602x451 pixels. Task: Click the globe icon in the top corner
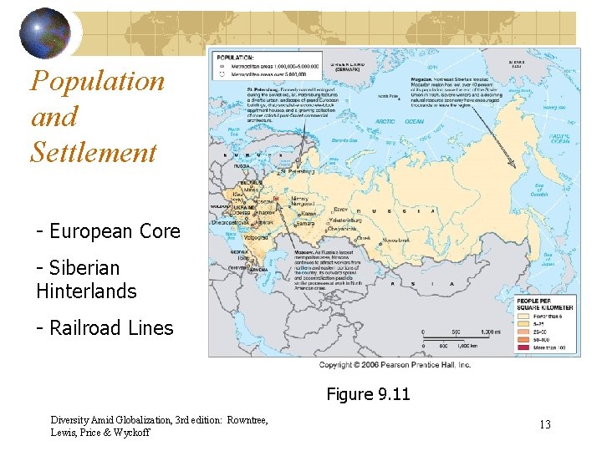click(x=46, y=33)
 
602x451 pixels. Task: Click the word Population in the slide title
click(x=97, y=82)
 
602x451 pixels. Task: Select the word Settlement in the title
click(x=94, y=153)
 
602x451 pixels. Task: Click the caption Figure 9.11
click(x=368, y=393)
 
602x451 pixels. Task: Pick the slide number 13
click(x=544, y=424)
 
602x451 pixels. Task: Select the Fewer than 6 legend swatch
click(x=520, y=315)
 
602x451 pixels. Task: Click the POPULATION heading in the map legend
click(x=237, y=56)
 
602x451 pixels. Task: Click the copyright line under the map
click(x=395, y=364)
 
